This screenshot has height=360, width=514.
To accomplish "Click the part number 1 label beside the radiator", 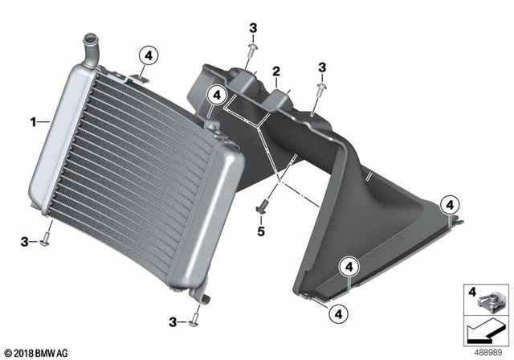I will click(33, 122).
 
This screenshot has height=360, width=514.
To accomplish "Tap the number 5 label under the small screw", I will click(259, 231).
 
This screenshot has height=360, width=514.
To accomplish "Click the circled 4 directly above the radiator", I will click(148, 55).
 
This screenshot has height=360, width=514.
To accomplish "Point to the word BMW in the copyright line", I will click(47, 352).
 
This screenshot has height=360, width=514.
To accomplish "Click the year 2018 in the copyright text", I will click(23, 352).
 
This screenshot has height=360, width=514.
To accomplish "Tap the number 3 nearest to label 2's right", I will click(321, 67).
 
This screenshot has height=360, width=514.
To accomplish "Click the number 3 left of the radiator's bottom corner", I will click(27, 240).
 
